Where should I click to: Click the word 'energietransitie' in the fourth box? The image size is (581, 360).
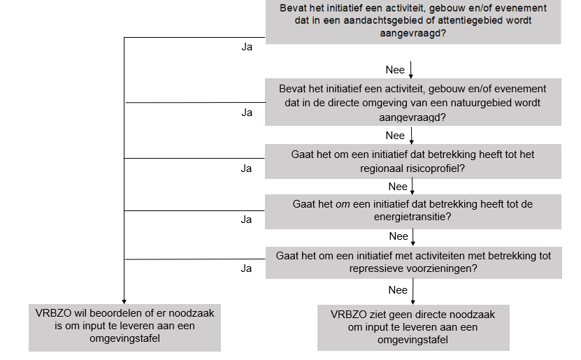tap(413, 217)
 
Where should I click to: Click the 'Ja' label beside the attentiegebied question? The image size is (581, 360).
tap(247, 48)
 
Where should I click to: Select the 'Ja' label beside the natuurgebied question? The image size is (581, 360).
tap(247, 113)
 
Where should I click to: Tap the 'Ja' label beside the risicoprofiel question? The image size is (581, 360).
tap(246, 168)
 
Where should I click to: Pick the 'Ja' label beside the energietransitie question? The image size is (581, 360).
tap(246, 219)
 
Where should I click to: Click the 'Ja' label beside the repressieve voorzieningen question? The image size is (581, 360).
tap(246, 268)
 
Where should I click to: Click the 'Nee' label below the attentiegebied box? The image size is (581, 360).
tap(395, 70)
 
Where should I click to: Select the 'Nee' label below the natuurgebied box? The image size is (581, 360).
tap(395, 135)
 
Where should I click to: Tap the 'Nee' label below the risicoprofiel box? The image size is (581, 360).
tap(398, 187)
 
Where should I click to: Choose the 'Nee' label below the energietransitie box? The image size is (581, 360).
tap(398, 236)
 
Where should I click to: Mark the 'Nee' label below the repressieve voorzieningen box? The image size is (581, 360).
tap(397, 289)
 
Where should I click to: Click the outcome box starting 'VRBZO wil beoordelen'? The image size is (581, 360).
tap(124, 326)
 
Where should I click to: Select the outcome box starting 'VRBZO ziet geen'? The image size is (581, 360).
tap(413, 327)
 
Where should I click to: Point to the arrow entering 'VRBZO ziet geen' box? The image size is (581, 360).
tap(413, 296)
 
